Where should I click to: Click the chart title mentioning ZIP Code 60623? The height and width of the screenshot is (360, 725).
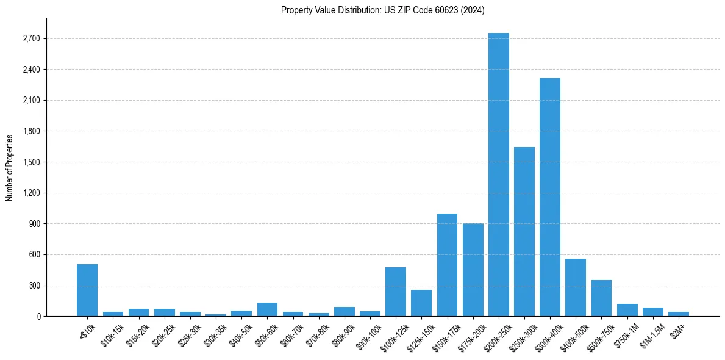382,10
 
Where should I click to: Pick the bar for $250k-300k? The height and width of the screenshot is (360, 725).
524,232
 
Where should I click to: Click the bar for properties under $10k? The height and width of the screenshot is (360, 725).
87,290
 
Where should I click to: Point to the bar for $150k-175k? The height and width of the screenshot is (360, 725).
447,265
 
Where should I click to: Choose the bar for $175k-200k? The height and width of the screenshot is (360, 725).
473,270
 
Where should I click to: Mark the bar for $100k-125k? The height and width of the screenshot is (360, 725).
396,292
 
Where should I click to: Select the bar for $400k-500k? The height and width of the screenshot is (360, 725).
576,287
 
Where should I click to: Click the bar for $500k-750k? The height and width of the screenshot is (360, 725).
601,298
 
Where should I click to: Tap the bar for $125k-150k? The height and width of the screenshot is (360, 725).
421,303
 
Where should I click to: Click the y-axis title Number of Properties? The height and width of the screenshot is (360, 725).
10,167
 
